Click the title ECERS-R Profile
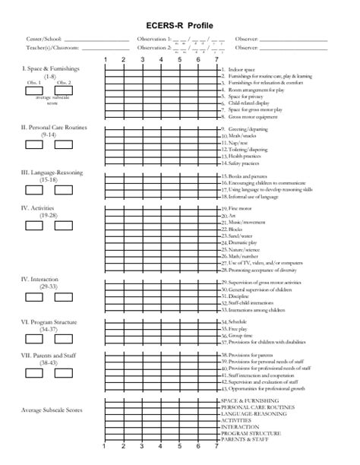[180, 24]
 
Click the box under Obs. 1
[34, 90]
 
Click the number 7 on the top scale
[216, 60]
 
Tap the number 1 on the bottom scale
[104, 448]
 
